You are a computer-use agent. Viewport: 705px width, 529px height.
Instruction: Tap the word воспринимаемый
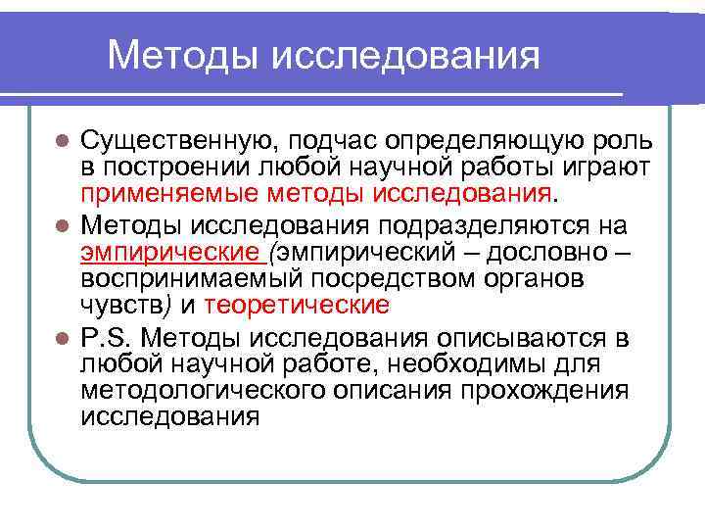tap(178, 279)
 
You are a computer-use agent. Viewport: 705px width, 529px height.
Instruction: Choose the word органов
tap(532, 279)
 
